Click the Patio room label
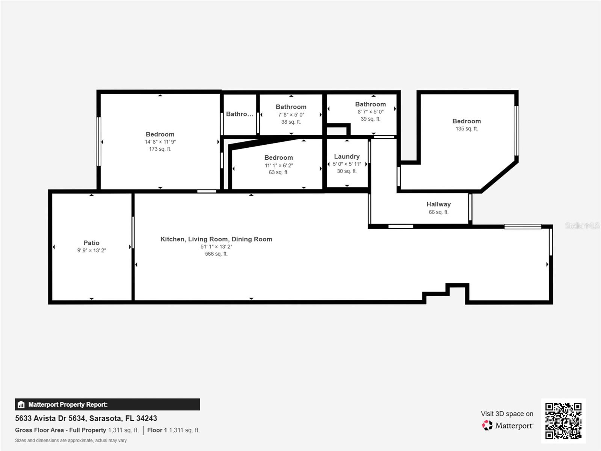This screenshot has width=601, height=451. (x=91, y=243)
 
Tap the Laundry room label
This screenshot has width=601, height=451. (x=347, y=156)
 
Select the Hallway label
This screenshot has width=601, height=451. (x=438, y=204)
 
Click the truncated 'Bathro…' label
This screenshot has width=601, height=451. (x=240, y=114)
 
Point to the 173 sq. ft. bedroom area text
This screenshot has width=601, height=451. (x=160, y=149)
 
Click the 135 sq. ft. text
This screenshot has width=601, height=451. (x=467, y=129)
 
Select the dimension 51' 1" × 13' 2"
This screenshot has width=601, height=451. (x=216, y=247)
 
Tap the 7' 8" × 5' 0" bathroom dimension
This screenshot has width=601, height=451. (x=291, y=115)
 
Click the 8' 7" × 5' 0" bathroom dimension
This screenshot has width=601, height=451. (x=370, y=112)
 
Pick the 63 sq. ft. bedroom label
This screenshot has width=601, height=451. (x=278, y=172)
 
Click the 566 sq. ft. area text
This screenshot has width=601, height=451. (x=216, y=254)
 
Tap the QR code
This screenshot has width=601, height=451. (x=563, y=421)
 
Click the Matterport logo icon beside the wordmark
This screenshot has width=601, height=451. (x=487, y=425)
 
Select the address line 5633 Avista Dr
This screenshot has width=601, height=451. (x=86, y=418)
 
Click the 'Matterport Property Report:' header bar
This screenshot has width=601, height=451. (x=107, y=404)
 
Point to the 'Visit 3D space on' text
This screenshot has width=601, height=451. (x=507, y=413)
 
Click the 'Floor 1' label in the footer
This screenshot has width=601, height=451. (x=157, y=430)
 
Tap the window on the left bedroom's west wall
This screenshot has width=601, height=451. (x=99, y=141)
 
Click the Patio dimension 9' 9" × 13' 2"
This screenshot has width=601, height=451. (x=91, y=250)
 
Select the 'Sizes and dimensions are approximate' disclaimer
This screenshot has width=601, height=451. (x=71, y=440)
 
